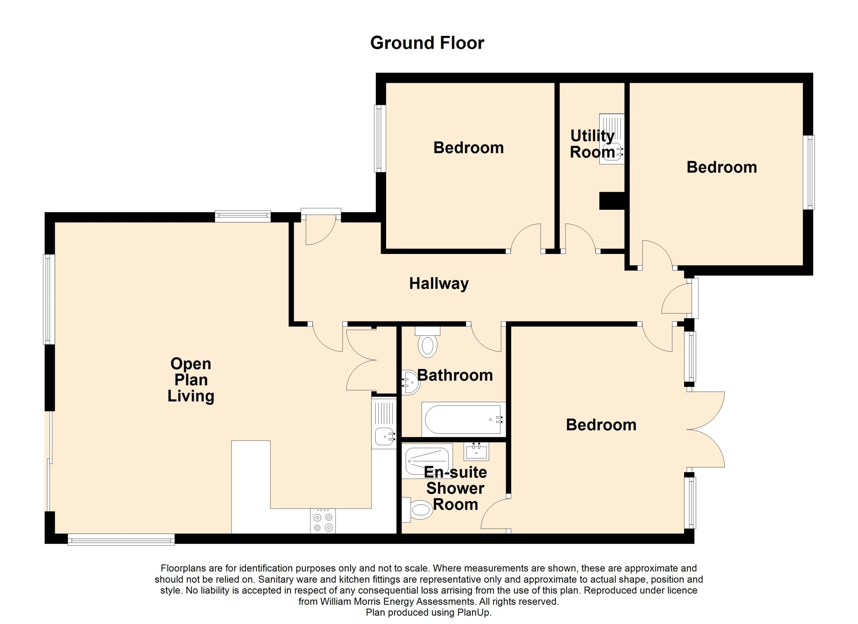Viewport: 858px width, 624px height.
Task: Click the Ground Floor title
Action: click(x=427, y=43)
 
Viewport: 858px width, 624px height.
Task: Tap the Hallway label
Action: click(x=439, y=283)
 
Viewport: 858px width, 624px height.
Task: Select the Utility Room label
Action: click(x=593, y=144)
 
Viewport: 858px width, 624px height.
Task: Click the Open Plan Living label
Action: click(x=191, y=380)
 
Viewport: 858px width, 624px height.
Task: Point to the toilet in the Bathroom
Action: click(x=427, y=342)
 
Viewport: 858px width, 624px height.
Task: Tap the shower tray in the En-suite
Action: click(x=428, y=461)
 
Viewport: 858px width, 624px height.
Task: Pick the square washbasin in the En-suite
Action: click(x=476, y=451)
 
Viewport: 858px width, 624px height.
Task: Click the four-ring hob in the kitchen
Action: click(x=323, y=521)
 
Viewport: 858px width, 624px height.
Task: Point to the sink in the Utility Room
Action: click(x=611, y=139)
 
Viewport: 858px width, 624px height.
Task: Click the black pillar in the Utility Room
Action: click(x=612, y=201)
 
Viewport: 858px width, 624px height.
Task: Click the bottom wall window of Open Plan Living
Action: click(x=121, y=540)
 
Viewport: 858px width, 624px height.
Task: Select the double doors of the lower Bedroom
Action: click(x=706, y=430)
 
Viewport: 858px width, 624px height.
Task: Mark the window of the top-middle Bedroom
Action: click(x=380, y=138)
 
